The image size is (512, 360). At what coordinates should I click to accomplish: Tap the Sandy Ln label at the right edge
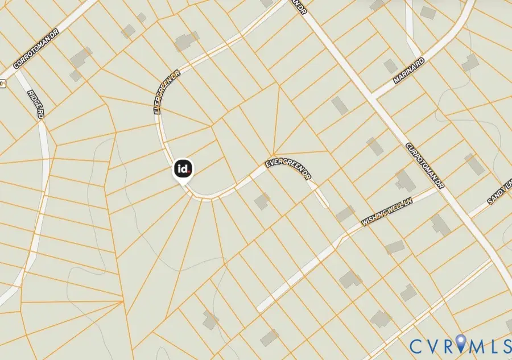(x=499, y=191)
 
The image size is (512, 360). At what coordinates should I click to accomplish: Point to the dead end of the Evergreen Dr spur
(x=325, y=205)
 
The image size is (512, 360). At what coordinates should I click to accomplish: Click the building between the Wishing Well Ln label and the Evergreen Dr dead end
(x=344, y=214)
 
